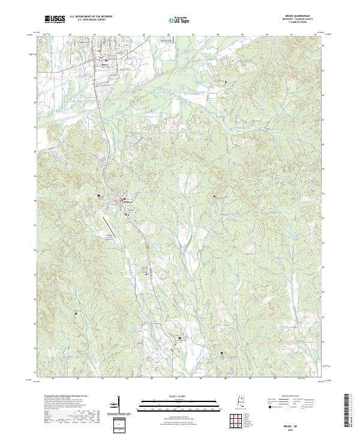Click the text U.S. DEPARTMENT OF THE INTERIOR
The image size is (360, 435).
click(91, 16)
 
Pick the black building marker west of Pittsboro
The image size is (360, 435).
click(99, 195)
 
